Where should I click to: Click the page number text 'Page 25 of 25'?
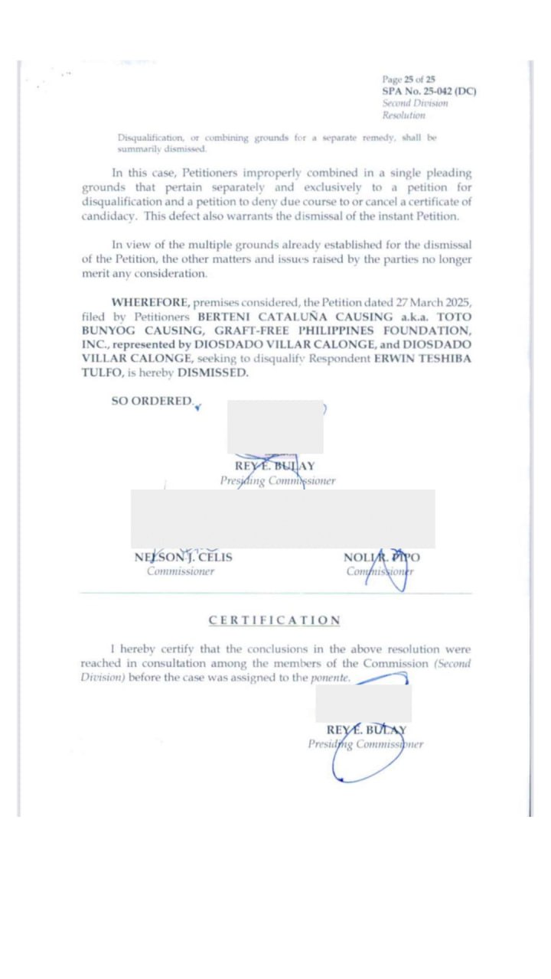point(409,79)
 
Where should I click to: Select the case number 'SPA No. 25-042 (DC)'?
point(429,91)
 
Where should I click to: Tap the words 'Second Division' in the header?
point(415,103)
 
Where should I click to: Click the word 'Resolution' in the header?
point(403,115)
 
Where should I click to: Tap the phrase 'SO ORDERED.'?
point(152,401)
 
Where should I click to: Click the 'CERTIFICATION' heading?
point(275,620)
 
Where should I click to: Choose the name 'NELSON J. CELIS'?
point(184,558)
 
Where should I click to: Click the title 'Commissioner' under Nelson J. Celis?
point(181,571)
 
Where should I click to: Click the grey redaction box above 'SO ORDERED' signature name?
point(275,427)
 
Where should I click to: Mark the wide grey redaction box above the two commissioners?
point(282,519)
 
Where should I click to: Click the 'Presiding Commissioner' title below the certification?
point(365,743)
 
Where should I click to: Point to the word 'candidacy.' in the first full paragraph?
point(109,216)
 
